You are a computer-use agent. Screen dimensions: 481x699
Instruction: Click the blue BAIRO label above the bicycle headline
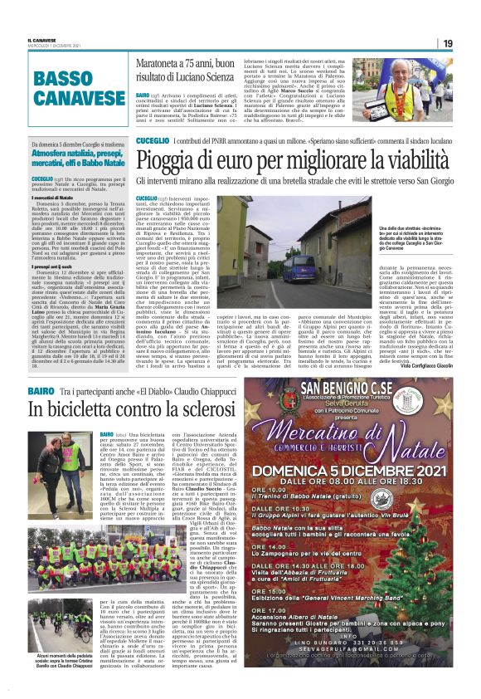[x=41, y=390]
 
